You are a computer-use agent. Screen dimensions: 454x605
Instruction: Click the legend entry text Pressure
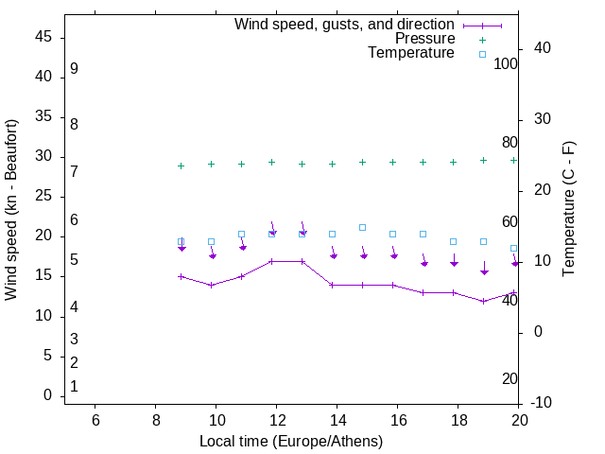pos(424,39)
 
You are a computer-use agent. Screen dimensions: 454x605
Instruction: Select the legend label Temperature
pos(411,53)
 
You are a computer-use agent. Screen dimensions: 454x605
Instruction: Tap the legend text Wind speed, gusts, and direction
pos(344,24)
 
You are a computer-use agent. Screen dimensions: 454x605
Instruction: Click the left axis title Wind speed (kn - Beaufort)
pos(11,210)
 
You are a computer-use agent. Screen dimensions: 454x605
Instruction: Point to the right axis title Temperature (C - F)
pos(568,210)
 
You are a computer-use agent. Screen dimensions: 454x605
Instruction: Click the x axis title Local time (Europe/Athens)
pos(291,441)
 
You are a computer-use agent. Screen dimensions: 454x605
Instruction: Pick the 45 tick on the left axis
pos(43,37)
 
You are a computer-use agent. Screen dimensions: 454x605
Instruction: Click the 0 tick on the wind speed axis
pos(47,395)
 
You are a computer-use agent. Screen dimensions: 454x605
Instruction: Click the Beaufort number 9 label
pos(74,69)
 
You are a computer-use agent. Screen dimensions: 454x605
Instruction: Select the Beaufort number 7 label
pos(74,171)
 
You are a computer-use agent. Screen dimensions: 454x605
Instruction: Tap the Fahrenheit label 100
pos(506,63)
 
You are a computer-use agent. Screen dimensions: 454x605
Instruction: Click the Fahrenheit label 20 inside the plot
pos(510,378)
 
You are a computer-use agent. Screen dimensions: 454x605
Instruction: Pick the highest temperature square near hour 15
pos(362,227)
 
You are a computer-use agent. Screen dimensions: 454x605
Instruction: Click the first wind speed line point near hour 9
pos(181,276)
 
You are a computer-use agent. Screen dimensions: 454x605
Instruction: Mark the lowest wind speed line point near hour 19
pos(483,301)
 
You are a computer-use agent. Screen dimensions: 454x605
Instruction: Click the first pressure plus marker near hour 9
pos(181,166)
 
